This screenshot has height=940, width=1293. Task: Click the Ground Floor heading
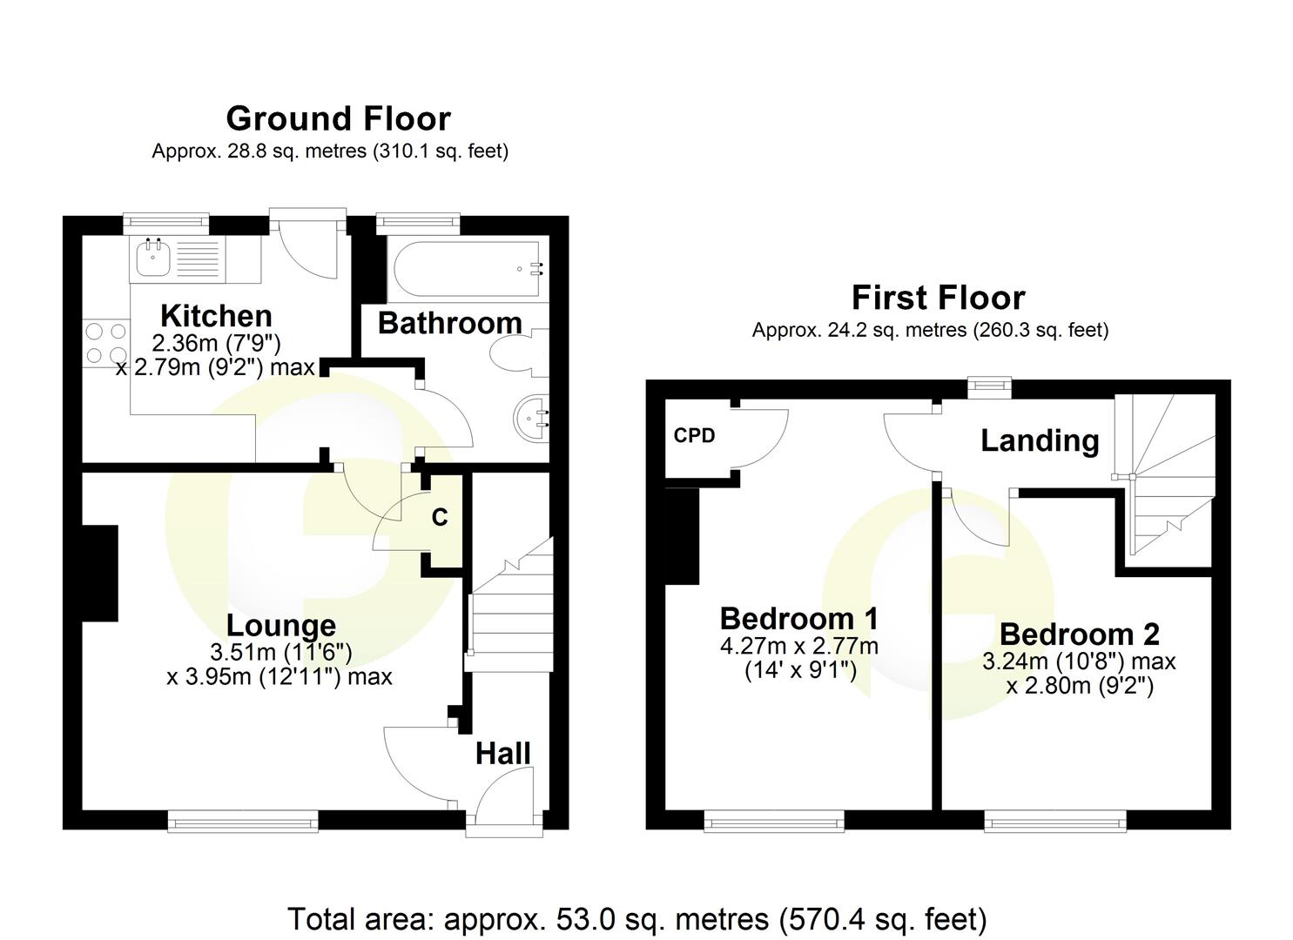click(338, 118)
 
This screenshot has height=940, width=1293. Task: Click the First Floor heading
click(938, 298)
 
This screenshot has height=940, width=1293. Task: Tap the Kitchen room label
click(216, 315)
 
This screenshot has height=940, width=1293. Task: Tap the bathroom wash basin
click(532, 417)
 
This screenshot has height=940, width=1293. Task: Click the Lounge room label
click(280, 625)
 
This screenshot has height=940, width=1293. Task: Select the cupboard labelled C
click(441, 519)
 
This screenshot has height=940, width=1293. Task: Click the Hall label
click(502, 753)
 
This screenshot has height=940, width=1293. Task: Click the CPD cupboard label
click(694, 435)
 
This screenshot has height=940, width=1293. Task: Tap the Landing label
click(1039, 440)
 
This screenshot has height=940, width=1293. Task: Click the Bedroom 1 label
click(798, 618)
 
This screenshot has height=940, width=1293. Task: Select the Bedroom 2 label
click(1079, 634)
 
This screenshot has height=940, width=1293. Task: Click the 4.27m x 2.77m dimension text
click(798, 646)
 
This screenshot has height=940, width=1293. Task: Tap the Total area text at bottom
click(636, 918)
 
